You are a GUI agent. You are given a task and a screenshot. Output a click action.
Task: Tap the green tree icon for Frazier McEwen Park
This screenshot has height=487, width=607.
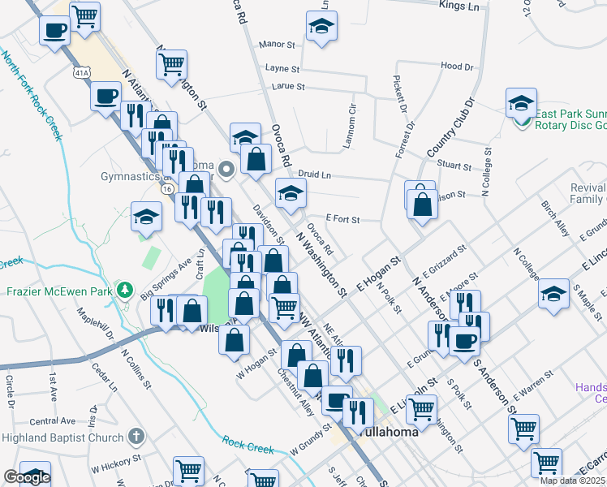(x=124, y=290)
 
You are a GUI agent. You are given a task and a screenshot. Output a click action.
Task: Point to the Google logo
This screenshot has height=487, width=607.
(x=28, y=477)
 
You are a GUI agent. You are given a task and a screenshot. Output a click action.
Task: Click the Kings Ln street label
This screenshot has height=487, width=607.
(x=459, y=6)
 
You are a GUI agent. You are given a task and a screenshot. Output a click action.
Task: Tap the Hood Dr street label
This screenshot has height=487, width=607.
(x=457, y=67)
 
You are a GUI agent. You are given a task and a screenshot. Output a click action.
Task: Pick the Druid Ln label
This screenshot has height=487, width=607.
(x=315, y=175)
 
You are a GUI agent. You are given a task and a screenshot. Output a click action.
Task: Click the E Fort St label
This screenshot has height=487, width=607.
(x=342, y=219)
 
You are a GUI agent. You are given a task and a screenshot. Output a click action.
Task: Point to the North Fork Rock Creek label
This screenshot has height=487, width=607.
(x=32, y=95)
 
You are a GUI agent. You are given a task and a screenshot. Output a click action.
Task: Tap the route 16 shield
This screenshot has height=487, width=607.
(x=167, y=188)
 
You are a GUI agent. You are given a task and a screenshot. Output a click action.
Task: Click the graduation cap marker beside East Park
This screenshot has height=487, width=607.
(x=521, y=103)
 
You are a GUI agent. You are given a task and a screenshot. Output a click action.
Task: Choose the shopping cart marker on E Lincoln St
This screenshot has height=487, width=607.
(x=422, y=410)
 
